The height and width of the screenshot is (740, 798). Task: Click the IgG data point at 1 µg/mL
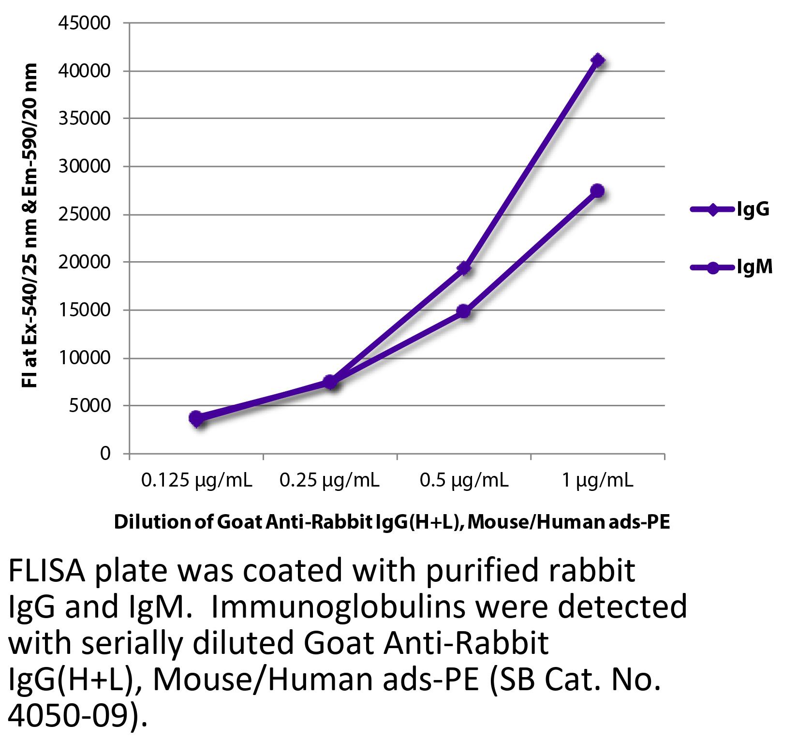click(x=598, y=60)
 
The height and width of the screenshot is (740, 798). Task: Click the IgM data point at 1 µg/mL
click(x=598, y=191)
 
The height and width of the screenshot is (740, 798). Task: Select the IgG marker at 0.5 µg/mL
click(x=464, y=267)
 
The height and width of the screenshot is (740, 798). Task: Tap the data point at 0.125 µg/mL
click(x=196, y=418)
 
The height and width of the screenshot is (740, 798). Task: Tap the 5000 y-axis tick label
click(x=97, y=406)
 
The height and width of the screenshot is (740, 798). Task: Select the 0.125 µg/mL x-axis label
click(x=196, y=481)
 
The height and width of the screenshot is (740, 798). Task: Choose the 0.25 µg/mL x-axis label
click(x=330, y=481)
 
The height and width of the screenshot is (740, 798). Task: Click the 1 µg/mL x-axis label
click(x=598, y=481)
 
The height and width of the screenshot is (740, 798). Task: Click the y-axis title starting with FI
click(x=31, y=225)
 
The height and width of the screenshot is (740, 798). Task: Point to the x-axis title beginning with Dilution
click(x=392, y=522)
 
